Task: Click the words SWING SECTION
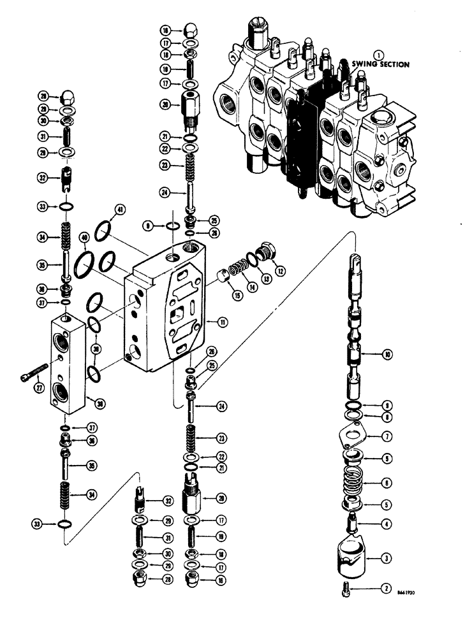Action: pyautogui.click(x=380, y=64)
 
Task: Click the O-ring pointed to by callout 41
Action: pyautogui.click(x=105, y=231)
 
